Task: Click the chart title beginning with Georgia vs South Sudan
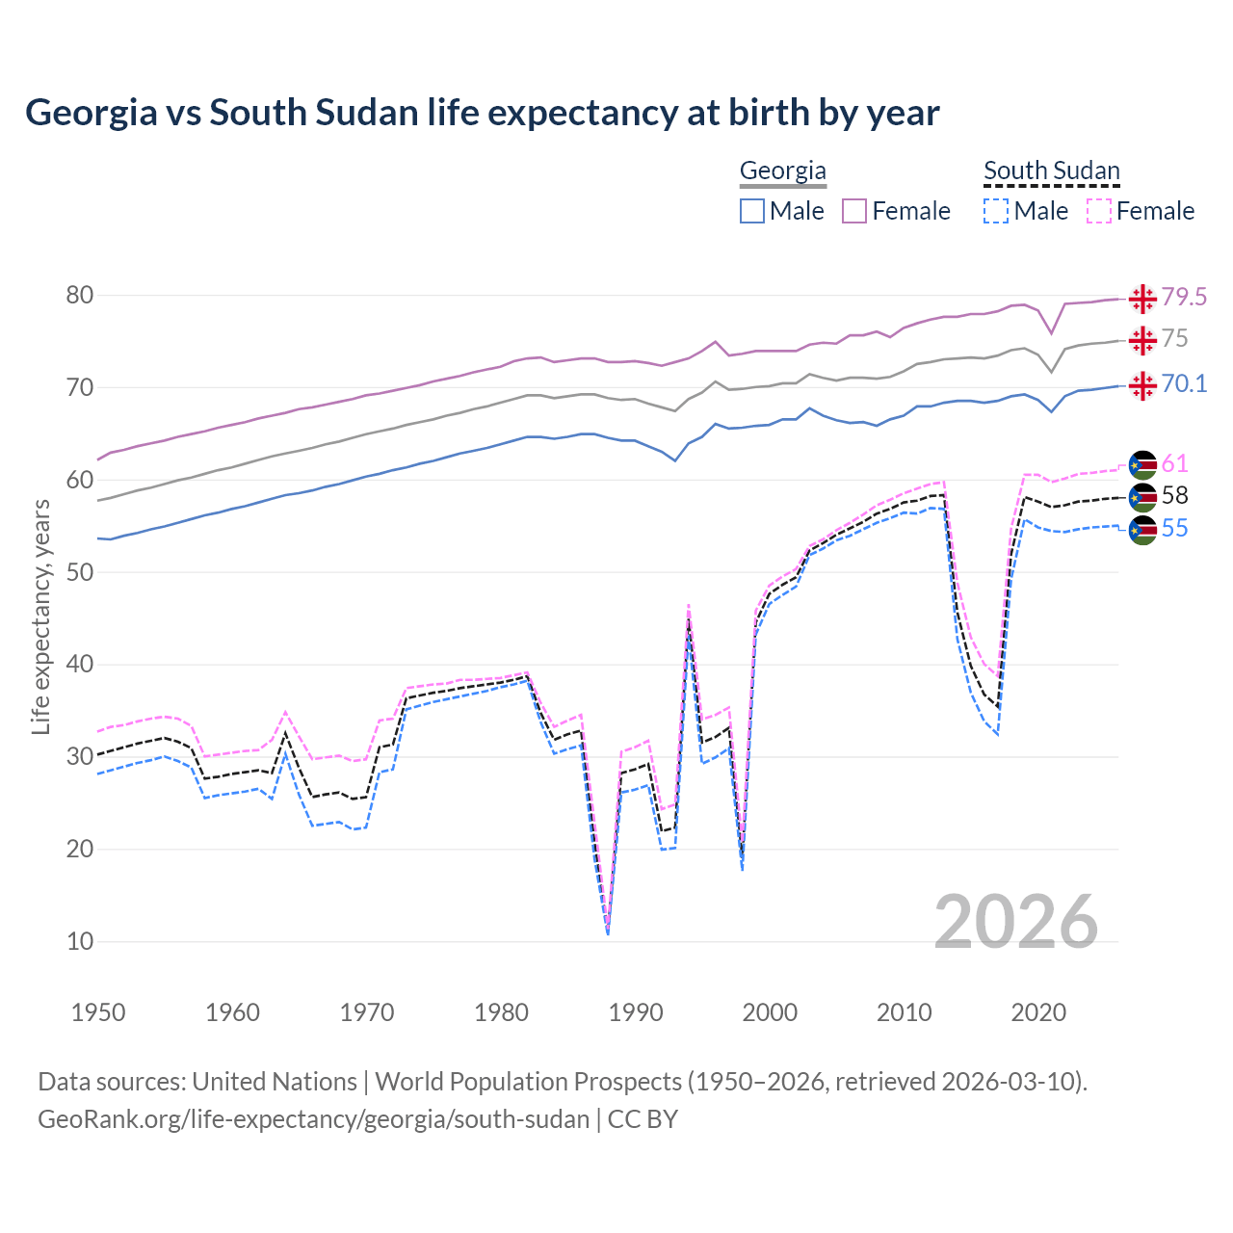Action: click(x=482, y=113)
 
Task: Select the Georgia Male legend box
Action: click(x=752, y=211)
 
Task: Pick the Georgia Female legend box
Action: click(x=854, y=211)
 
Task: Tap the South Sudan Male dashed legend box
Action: click(x=996, y=211)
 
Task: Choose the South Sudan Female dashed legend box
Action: click(x=1099, y=211)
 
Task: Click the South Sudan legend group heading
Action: click(x=1051, y=171)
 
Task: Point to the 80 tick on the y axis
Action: click(x=80, y=296)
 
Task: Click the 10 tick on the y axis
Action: click(x=80, y=942)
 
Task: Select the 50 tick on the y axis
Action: click(x=80, y=572)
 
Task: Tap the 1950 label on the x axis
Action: click(x=98, y=1012)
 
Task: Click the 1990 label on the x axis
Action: click(x=636, y=1012)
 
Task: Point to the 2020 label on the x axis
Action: click(x=1038, y=1012)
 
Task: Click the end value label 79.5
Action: click(x=1184, y=298)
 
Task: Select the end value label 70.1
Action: click(x=1184, y=384)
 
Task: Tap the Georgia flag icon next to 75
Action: click(x=1142, y=340)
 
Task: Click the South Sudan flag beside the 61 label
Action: click(x=1142, y=464)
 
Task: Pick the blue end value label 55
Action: click(x=1174, y=529)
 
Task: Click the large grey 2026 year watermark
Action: click(x=1016, y=923)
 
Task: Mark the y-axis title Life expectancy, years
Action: click(x=40, y=616)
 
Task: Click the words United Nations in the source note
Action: click(x=275, y=1082)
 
